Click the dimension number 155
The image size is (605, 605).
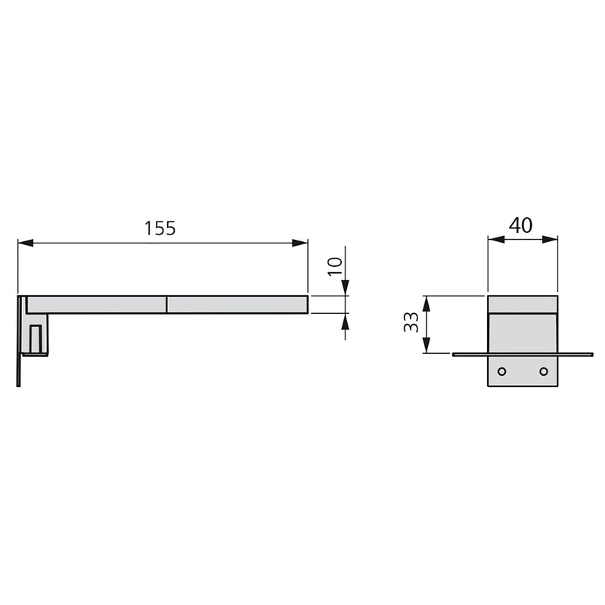click(x=160, y=228)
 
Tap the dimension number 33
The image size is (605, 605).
click(x=411, y=324)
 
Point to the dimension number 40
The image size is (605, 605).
click(x=520, y=225)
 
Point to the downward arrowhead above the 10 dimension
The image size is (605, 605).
click(x=345, y=288)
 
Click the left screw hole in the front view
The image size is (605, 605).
click(x=501, y=371)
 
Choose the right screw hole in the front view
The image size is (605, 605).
click(x=543, y=371)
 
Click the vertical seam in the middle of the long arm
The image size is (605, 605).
click(x=166, y=304)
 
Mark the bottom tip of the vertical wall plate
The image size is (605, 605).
click(x=18, y=384)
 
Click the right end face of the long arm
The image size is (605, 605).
click(x=307, y=304)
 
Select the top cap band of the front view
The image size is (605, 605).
click(x=523, y=304)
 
